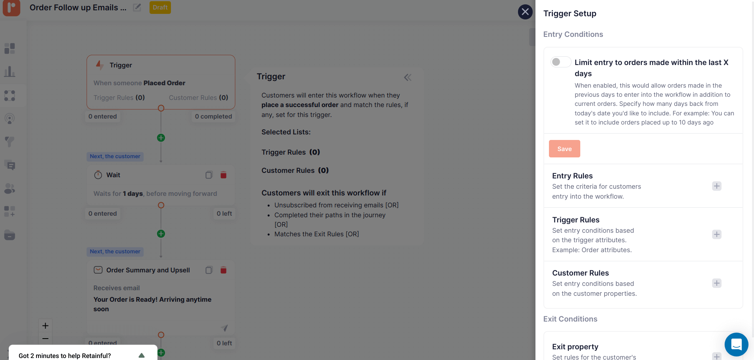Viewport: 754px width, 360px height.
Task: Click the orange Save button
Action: click(564, 149)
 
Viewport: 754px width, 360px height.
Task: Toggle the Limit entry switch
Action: click(560, 62)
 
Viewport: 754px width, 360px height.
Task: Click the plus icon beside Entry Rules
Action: click(716, 186)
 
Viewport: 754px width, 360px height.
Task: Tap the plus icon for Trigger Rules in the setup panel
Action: click(716, 234)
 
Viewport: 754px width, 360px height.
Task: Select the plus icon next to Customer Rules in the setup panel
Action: click(716, 283)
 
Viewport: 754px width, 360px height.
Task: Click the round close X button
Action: click(525, 12)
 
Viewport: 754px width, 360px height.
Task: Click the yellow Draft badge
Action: click(160, 8)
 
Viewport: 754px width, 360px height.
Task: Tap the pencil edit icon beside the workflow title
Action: click(137, 8)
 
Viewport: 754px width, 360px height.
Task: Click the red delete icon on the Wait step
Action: click(223, 175)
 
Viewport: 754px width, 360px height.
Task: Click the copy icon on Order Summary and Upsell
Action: click(209, 270)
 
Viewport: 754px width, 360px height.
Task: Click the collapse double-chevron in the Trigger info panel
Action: click(407, 77)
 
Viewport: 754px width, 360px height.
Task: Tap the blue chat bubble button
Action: click(736, 344)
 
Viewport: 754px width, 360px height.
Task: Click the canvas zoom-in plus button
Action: click(45, 326)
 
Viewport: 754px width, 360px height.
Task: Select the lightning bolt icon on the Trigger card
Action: click(100, 65)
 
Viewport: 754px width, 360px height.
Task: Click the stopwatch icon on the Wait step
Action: click(98, 175)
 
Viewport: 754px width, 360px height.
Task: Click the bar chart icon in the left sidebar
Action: click(10, 72)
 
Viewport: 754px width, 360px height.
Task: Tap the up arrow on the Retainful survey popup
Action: click(142, 355)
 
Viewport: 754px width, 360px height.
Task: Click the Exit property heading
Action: click(575, 347)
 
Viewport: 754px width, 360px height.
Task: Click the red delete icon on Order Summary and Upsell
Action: click(223, 270)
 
